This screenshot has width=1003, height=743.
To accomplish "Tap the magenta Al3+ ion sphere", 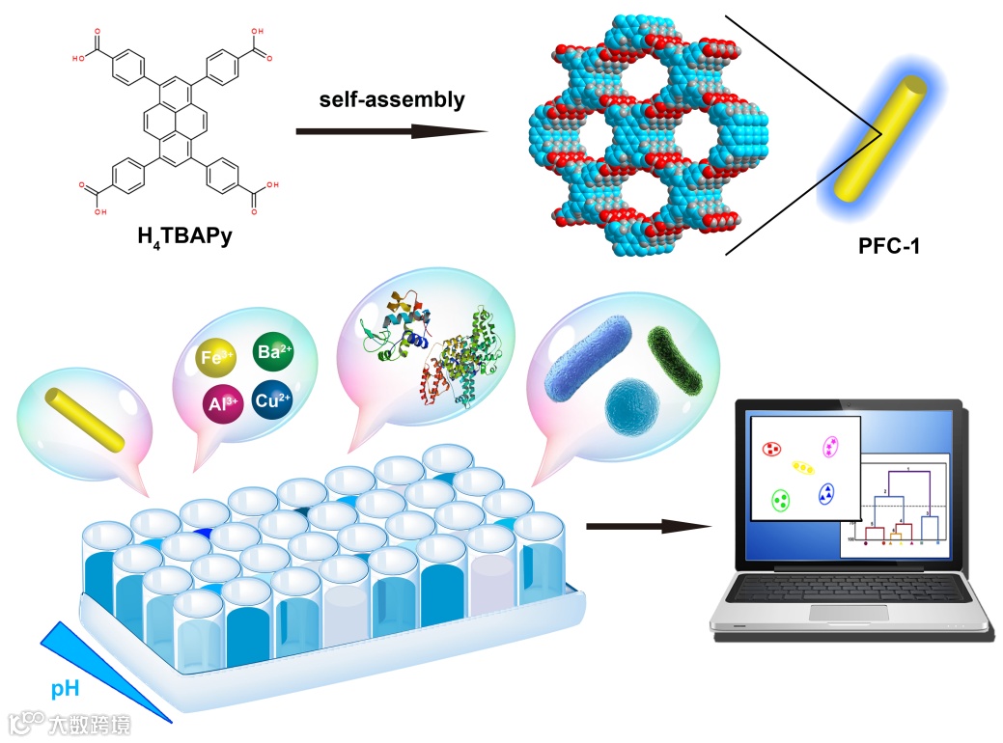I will click(x=224, y=402).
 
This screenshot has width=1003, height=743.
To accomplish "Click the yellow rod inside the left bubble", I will click(x=86, y=419).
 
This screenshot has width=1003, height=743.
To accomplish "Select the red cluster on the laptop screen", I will click(x=771, y=449).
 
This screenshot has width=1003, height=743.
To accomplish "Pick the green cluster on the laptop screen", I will click(x=782, y=500).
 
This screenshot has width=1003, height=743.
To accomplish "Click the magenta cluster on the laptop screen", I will click(x=829, y=447).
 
